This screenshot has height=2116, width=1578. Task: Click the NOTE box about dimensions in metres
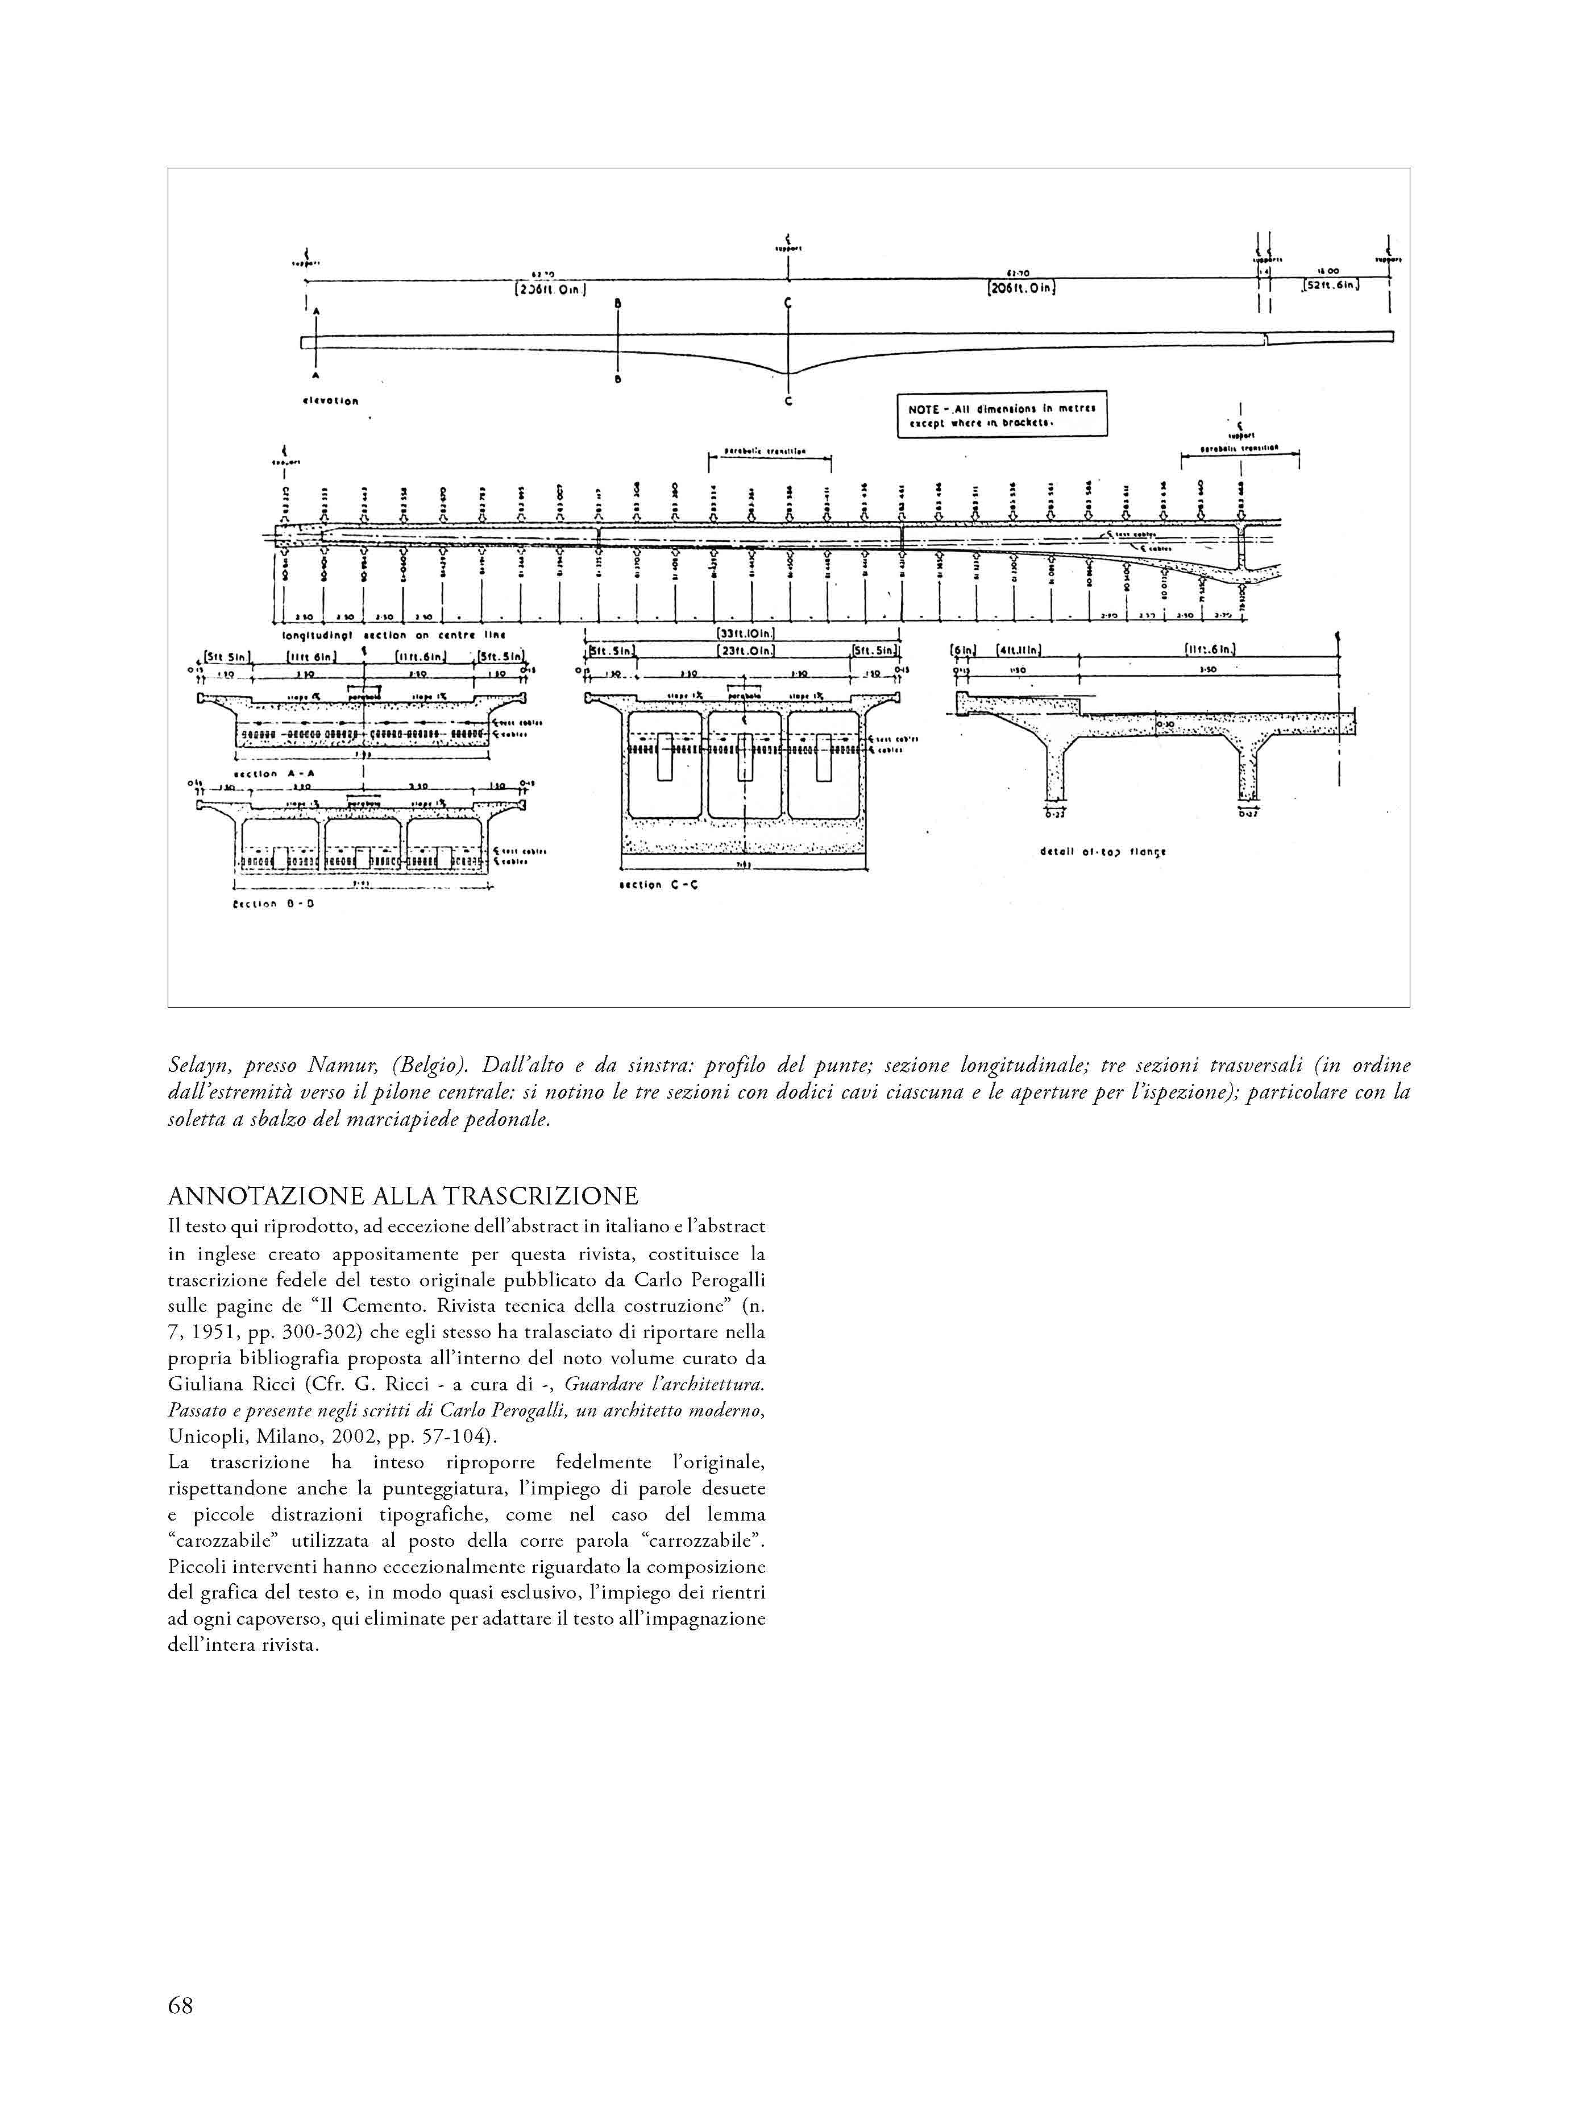(x=1001, y=413)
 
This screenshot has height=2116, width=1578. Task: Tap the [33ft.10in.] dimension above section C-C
(x=745, y=632)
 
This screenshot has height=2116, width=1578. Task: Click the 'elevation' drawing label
(x=330, y=400)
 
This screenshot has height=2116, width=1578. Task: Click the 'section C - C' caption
(x=659, y=885)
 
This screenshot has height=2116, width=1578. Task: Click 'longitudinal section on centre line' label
(x=393, y=634)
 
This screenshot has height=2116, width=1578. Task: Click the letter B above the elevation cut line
(x=618, y=304)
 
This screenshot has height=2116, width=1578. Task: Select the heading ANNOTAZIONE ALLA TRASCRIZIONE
(x=402, y=1196)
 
